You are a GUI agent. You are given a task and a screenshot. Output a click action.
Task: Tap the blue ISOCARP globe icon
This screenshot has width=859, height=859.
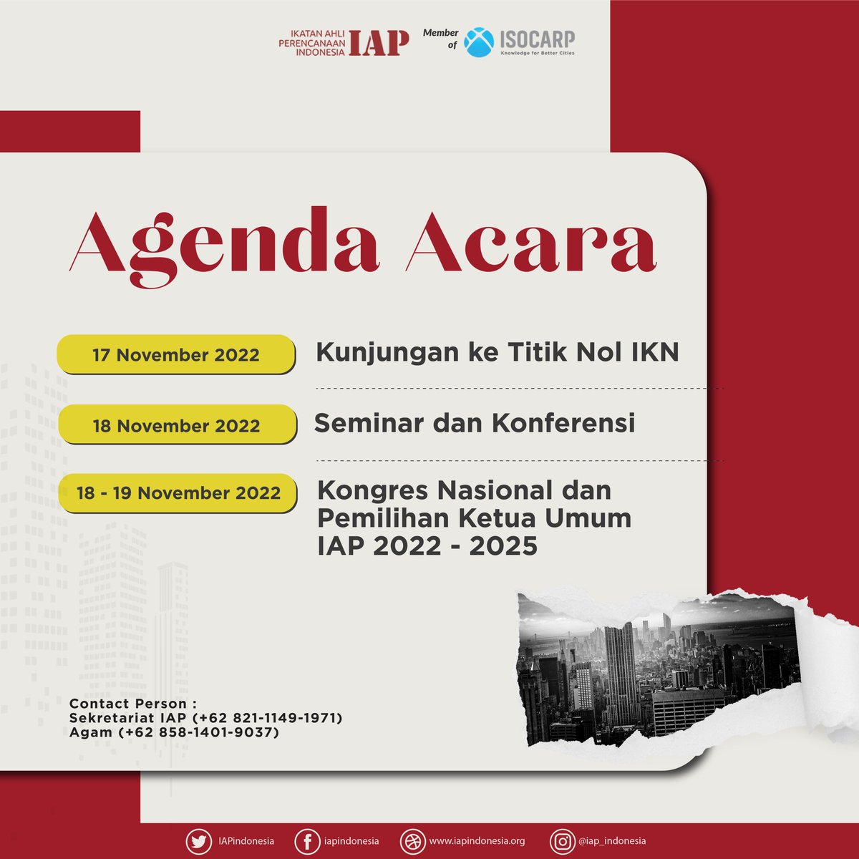479,42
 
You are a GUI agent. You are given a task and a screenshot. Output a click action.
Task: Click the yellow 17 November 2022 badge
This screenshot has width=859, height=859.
176,354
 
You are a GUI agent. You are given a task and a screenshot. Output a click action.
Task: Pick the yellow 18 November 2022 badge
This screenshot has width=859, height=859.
176,425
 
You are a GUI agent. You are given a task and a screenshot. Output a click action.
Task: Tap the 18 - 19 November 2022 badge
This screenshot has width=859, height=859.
178,493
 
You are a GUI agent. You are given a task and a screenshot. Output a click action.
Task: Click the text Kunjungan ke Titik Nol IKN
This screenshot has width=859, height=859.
497,352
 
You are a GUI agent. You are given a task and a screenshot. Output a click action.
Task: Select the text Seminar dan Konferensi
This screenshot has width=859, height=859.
475,423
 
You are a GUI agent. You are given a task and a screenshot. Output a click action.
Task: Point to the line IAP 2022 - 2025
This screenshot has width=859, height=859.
427,546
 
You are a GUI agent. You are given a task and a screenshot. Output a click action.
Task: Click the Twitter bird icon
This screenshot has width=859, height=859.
198,841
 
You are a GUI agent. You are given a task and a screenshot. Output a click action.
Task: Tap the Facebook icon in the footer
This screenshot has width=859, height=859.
306,841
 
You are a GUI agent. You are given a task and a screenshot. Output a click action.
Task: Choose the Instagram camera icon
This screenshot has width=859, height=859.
562,841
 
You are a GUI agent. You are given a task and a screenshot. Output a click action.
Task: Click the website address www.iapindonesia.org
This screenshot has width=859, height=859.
477,841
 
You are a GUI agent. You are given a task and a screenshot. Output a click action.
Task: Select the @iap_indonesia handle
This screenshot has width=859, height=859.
612,841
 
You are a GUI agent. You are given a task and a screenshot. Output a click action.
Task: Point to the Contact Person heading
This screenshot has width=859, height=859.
132,704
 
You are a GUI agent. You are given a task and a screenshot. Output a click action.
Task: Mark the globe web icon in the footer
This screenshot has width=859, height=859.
412,841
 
